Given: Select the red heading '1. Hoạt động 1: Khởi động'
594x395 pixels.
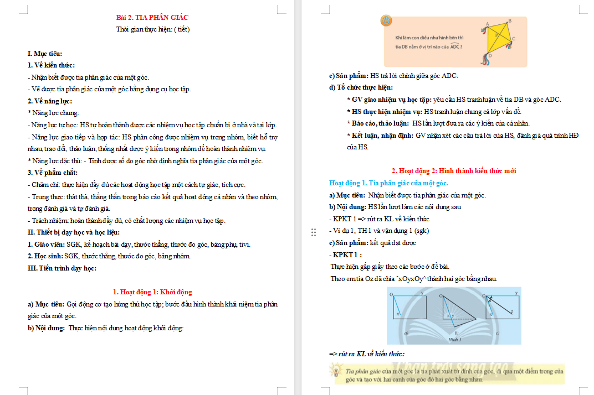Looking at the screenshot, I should click(152, 292).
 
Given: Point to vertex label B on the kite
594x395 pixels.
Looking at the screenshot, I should click(509, 20).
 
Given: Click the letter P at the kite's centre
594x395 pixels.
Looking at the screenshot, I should click(496, 35).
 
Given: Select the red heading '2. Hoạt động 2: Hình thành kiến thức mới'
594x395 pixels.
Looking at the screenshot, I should click(454, 171).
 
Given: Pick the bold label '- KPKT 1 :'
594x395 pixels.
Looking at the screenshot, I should click(345, 255).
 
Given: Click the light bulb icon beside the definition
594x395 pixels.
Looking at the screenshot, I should click(336, 370).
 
